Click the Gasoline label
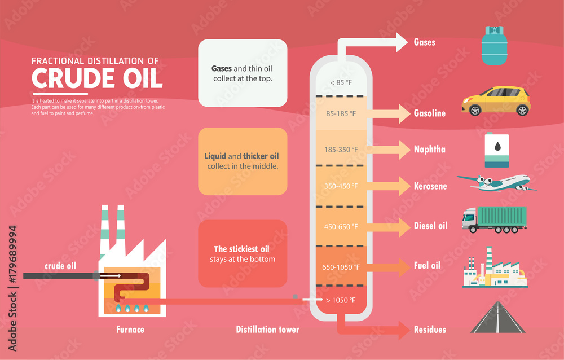[x=429, y=113]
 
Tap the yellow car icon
[x=496, y=101]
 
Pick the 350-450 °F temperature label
[x=341, y=186]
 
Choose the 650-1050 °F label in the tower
[x=341, y=266]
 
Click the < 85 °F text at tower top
[x=341, y=83]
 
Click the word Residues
[x=429, y=330]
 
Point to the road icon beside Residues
[x=498, y=318]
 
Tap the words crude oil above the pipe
[x=61, y=266]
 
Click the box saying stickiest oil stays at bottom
[x=243, y=253]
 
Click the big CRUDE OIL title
[x=97, y=78]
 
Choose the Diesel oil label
[x=430, y=226]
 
